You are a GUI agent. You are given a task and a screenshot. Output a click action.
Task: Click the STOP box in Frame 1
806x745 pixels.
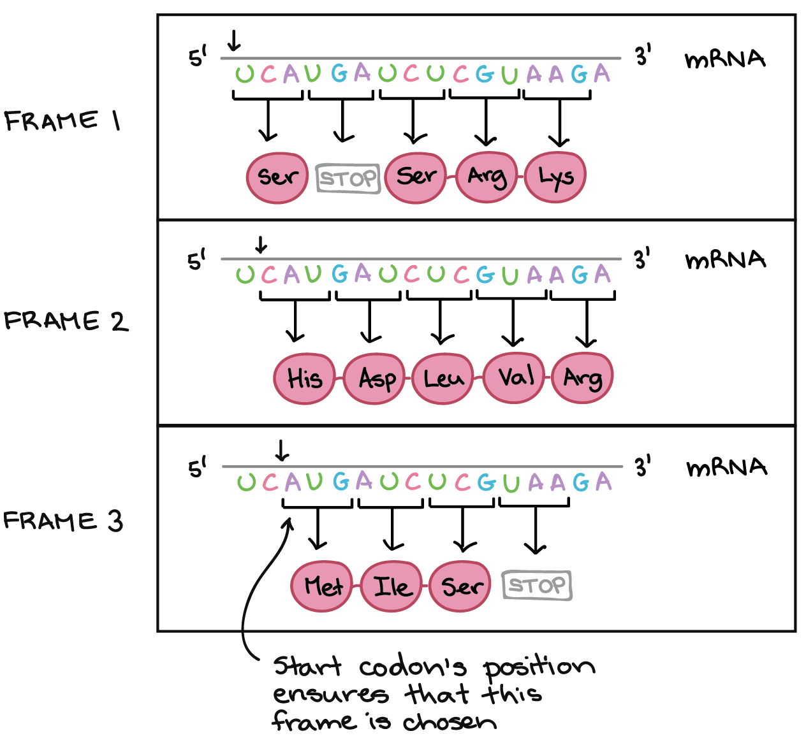point(348,178)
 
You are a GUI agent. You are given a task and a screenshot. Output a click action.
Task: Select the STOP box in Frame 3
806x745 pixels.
point(537,585)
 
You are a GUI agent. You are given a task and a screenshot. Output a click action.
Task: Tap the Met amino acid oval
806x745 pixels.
point(323,586)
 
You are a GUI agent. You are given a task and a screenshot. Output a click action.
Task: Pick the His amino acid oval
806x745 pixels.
point(305,379)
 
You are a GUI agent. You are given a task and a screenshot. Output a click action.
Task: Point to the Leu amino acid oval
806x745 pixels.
point(444,379)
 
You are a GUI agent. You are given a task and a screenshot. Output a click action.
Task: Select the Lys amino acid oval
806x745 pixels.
point(555,177)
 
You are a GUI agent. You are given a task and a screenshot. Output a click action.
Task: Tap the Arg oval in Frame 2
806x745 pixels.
point(582,379)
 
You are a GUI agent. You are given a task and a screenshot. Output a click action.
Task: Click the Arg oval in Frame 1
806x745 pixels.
point(487,177)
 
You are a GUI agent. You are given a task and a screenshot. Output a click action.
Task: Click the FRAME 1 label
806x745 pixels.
point(62,120)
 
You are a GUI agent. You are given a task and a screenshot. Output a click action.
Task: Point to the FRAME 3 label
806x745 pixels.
point(63,521)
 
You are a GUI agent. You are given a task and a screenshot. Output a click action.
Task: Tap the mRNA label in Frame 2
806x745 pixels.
point(725,260)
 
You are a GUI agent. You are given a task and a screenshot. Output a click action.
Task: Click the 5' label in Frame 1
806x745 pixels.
point(198,57)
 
